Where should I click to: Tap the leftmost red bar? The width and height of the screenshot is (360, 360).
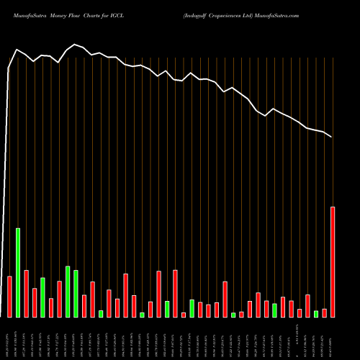(9, 296)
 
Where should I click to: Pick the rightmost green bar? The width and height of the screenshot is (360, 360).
(316, 313)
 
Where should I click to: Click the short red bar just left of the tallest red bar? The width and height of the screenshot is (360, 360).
(324, 312)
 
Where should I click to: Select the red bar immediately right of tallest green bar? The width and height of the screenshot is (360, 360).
(26, 293)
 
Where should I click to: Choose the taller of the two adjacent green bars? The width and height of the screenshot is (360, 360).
(68, 292)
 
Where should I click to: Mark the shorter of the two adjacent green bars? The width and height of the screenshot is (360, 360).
(76, 293)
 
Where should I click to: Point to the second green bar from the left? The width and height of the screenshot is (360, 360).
(42, 297)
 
